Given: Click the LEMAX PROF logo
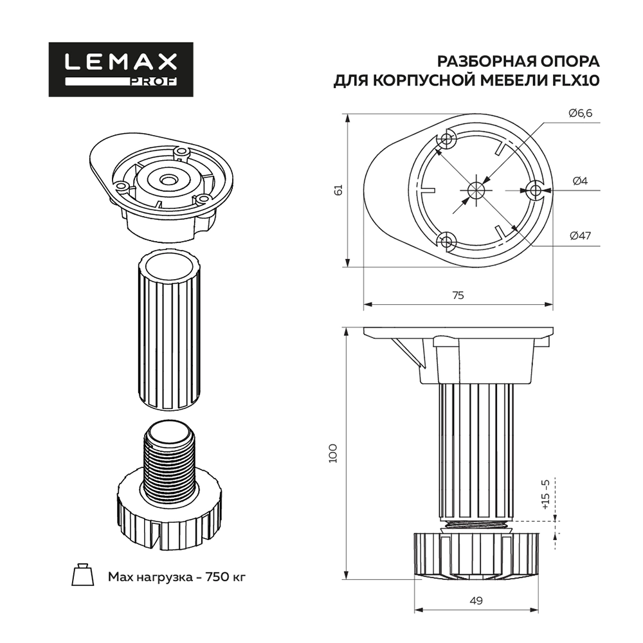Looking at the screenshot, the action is click(x=121, y=69).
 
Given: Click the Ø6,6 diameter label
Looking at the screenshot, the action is click(x=580, y=113).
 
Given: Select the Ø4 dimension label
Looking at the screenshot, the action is click(x=580, y=181).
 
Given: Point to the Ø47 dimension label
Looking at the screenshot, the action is click(x=580, y=236).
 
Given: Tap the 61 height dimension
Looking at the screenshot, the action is click(x=339, y=190).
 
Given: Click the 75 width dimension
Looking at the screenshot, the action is click(x=458, y=295).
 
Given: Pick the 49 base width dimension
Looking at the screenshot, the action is click(x=476, y=601).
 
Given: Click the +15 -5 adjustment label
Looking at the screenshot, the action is click(x=545, y=494).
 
